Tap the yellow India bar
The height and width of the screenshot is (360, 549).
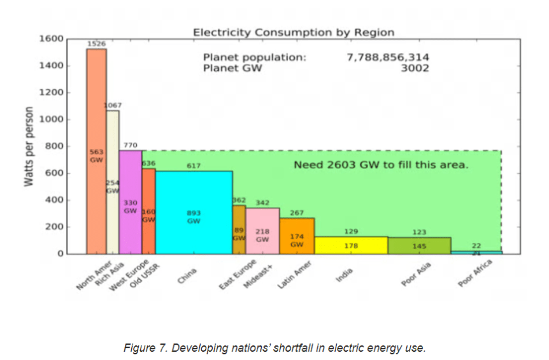click(x=351, y=245)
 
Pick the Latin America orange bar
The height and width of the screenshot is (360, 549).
click(x=297, y=236)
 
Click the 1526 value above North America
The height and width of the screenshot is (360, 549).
click(x=96, y=43)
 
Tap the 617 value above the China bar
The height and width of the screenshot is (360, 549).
click(x=194, y=166)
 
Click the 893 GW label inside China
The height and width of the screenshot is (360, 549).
click(x=194, y=217)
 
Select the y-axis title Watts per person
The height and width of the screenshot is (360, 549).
click(x=29, y=147)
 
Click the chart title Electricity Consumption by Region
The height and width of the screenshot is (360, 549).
click(x=294, y=32)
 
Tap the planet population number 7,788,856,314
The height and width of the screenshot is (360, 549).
click(x=388, y=57)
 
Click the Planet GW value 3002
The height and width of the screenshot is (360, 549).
click(x=415, y=68)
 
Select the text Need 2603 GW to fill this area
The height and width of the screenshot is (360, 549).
click(x=381, y=165)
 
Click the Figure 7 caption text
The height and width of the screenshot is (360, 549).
click(x=274, y=348)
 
